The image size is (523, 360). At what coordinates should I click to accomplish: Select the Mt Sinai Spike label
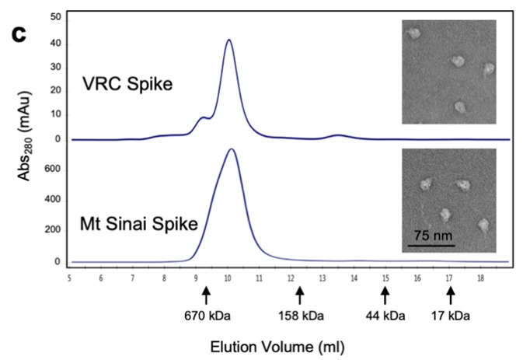138,226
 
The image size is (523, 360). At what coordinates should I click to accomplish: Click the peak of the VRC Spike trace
228,40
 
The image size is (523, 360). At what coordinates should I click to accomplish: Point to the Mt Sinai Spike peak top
231,149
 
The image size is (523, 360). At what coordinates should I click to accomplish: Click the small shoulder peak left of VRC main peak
204,117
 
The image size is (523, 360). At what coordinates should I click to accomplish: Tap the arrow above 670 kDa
206,295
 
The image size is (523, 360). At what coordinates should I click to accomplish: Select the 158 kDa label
299,317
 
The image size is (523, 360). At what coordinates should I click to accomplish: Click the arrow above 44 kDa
385,295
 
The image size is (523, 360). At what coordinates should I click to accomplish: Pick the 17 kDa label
450,317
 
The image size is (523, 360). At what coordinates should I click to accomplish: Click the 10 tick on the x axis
228,276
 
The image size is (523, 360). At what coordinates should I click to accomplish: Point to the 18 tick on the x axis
481,276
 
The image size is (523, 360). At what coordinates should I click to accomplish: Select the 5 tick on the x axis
69,276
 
